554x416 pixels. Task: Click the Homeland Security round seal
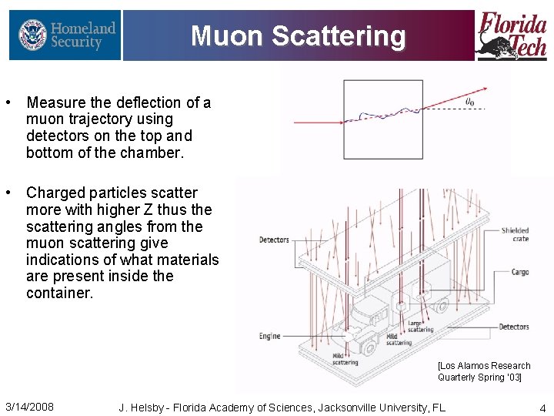[32, 35]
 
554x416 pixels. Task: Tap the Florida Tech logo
[512, 35]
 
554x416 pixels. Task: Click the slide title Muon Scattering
[298, 35]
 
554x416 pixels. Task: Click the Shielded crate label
[515, 234]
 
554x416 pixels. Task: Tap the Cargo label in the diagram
[519, 272]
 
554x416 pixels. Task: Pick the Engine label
[270, 336]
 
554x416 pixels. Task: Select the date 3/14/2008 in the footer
[29, 407]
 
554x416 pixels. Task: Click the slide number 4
[542, 408]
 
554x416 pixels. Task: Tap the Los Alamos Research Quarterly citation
[484, 371]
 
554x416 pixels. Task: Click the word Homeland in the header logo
[83, 29]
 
